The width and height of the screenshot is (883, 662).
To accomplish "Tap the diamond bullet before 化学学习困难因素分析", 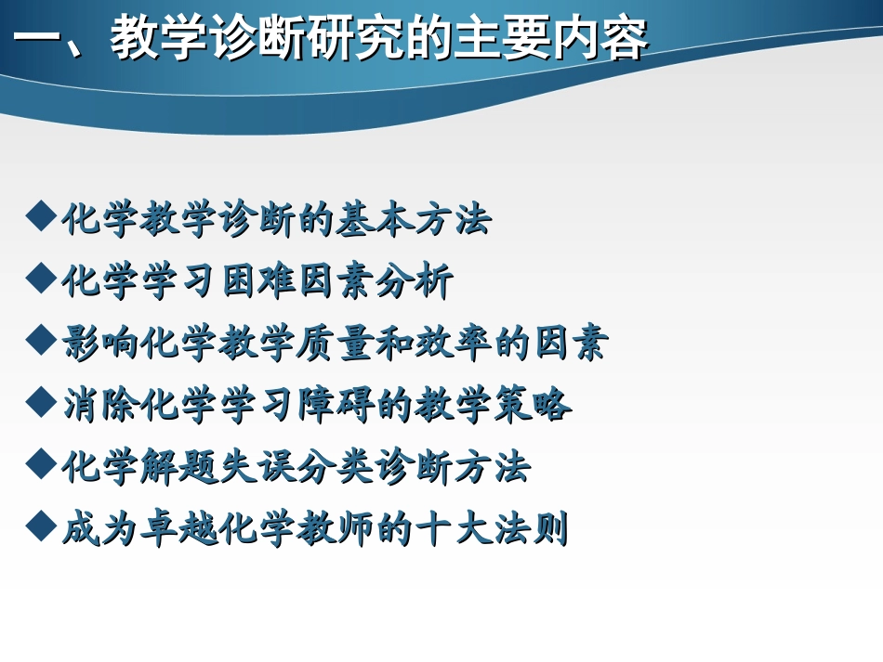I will tap(41, 279).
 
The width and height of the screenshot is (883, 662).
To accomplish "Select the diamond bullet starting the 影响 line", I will tap(41, 341).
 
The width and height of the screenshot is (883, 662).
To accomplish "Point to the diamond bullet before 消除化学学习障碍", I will tap(41, 403).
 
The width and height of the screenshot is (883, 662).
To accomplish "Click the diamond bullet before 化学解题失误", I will tap(41, 464).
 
